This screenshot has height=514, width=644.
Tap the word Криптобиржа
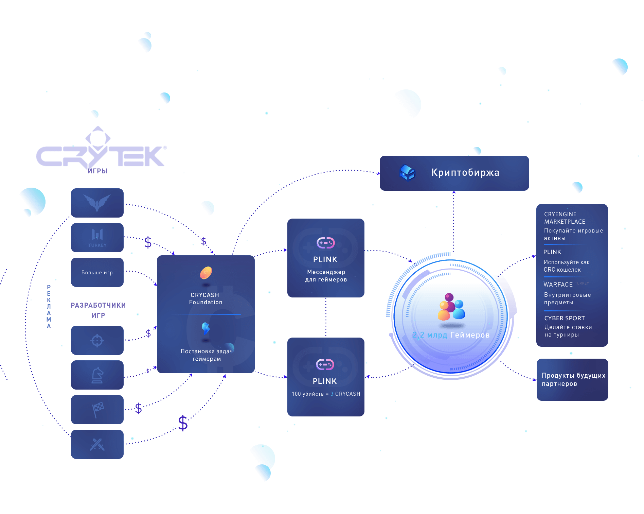pyautogui.click(x=465, y=173)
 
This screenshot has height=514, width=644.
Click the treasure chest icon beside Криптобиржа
pyautogui.click(x=407, y=172)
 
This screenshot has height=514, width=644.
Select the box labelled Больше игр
pyautogui.click(x=97, y=272)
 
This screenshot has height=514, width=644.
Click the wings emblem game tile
pyautogui.click(x=97, y=203)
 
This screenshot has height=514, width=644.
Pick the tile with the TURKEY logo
pyautogui.click(x=97, y=238)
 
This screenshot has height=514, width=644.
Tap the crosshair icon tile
pyautogui.click(x=97, y=340)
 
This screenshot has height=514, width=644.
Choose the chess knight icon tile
pyautogui.click(x=97, y=375)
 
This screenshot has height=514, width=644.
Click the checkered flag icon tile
pyautogui.click(x=97, y=410)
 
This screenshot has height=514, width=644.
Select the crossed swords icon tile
pyautogui.click(x=97, y=444)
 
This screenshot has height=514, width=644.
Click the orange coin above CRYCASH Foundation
pyautogui.click(x=206, y=273)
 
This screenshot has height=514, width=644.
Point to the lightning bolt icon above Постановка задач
pyautogui.click(x=205, y=328)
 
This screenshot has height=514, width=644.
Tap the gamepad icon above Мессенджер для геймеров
pyautogui.click(x=326, y=243)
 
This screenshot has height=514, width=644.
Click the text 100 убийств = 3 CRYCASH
pyautogui.click(x=326, y=394)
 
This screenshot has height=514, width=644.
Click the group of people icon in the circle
pyautogui.click(x=450, y=307)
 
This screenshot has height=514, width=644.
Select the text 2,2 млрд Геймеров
pyautogui.click(x=451, y=335)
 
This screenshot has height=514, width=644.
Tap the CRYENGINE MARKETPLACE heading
pyautogui.click(x=564, y=218)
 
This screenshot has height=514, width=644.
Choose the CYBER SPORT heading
pyautogui.click(x=564, y=318)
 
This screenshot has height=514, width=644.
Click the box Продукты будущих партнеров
pyautogui.click(x=572, y=379)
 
